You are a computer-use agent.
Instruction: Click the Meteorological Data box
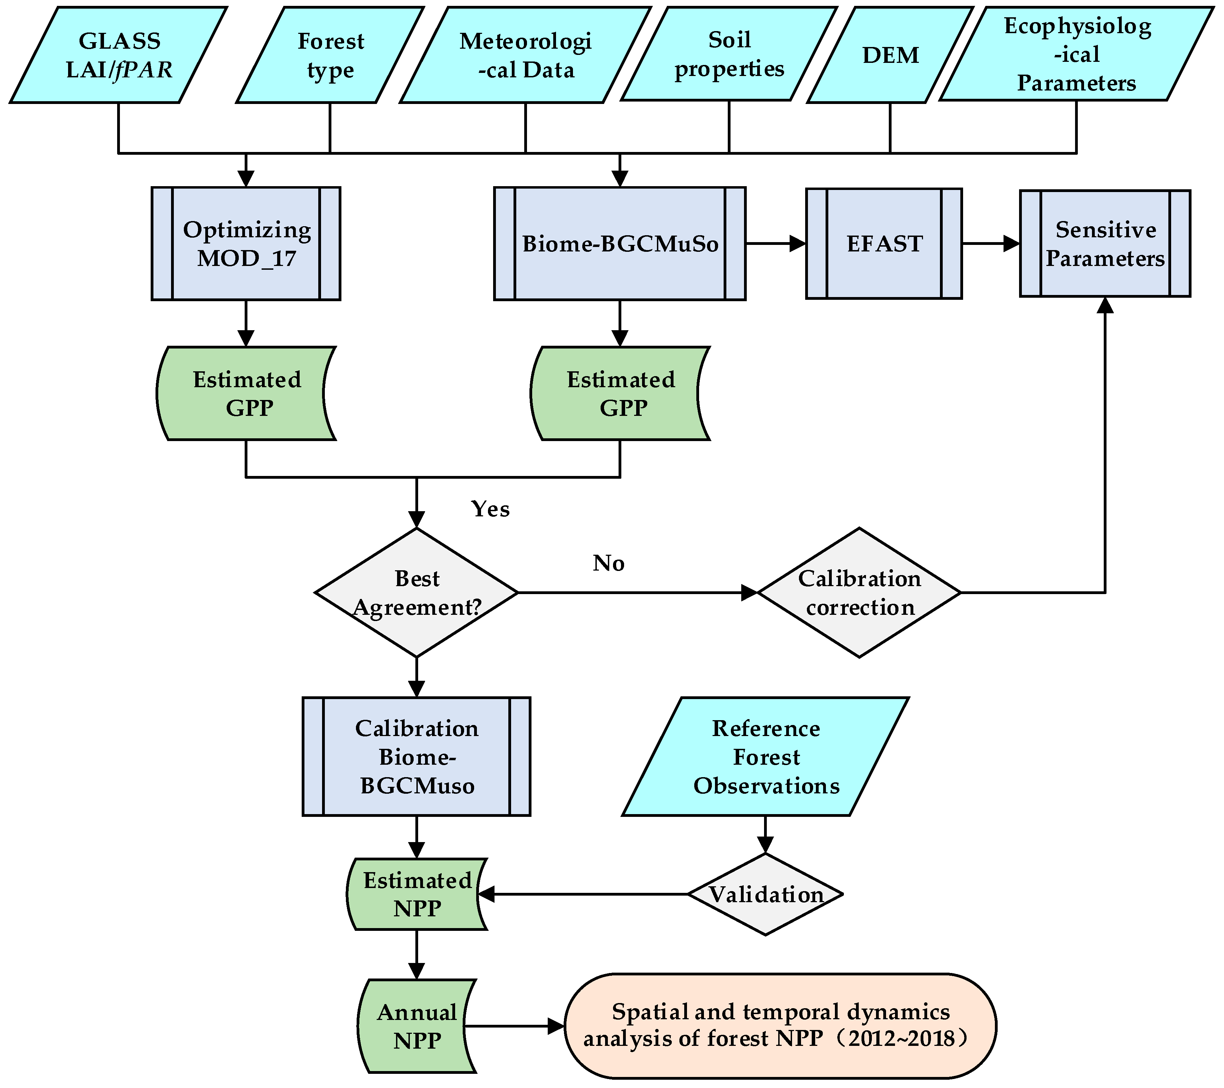pyautogui.click(x=525, y=55)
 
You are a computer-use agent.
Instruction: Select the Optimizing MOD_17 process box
pyautogui.click(x=246, y=244)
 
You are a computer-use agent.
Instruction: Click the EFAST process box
pyautogui.click(x=884, y=244)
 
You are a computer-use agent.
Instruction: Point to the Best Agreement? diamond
pyautogui.click(x=417, y=592)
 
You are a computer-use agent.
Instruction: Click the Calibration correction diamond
pyautogui.click(x=859, y=592)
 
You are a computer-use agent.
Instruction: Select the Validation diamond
pyautogui.click(x=765, y=894)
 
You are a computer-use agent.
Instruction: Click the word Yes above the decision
pyautogui.click(x=490, y=509)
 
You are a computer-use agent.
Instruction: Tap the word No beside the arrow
pyautogui.click(x=609, y=563)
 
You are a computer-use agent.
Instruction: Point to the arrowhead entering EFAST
pyautogui.click(x=798, y=244)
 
